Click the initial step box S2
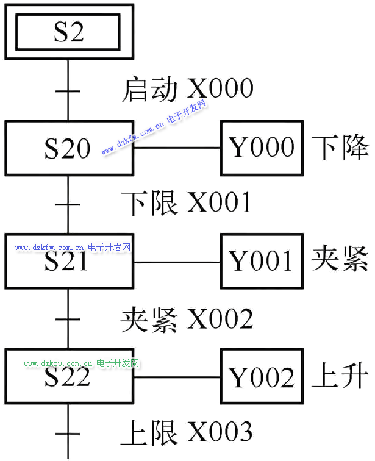[68, 32]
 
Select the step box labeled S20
[68, 148]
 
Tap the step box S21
[68, 261]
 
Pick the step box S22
[68, 376]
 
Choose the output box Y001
[262, 261]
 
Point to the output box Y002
[262, 376]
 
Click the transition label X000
[221, 89]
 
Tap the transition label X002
[220, 318]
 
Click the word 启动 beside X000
[150, 89]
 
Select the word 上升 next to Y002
[340, 376]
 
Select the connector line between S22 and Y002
[177, 377]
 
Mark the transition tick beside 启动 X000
[68, 92]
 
